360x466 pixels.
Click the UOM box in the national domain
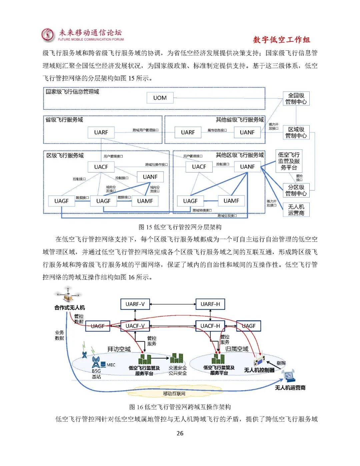[160, 98]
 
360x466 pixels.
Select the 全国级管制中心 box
[296, 98]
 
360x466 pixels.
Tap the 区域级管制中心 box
[296, 132]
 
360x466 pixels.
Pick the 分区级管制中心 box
[296, 190]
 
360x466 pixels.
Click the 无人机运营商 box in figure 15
[296, 210]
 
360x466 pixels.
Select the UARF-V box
[135, 304]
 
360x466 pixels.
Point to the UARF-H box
[210, 304]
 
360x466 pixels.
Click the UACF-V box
[135, 326]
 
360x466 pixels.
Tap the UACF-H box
[210, 326]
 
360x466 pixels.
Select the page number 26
[180, 433]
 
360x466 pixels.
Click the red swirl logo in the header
[48, 35]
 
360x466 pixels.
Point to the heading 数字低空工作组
[281, 40]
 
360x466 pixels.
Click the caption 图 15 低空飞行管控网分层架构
[180, 227]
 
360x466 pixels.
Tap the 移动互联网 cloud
[174, 393]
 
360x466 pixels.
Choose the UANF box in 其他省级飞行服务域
[247, 132]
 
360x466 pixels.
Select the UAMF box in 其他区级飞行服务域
[231, 201]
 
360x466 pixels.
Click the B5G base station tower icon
[96, 362]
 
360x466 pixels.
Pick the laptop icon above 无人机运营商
[289, 376]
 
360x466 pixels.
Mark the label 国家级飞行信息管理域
[72, 92]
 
